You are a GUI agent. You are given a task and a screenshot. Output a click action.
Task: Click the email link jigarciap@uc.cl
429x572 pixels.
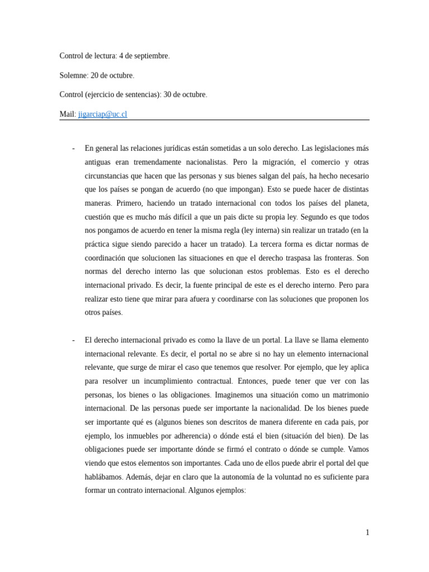tap(103, 114)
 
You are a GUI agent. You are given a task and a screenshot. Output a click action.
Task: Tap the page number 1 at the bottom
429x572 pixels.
tap(367, 532)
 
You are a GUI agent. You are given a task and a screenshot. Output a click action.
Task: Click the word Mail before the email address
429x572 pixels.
tap(66, 114)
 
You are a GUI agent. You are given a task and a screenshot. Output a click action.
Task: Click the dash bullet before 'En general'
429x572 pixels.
tap(74, 149)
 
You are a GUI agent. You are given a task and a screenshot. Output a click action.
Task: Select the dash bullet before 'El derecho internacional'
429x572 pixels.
tap(74, 340)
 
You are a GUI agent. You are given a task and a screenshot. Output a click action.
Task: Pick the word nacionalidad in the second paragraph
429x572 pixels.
tap(262, 408)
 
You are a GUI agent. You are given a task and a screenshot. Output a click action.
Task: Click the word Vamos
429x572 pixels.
tap(357, 450)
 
